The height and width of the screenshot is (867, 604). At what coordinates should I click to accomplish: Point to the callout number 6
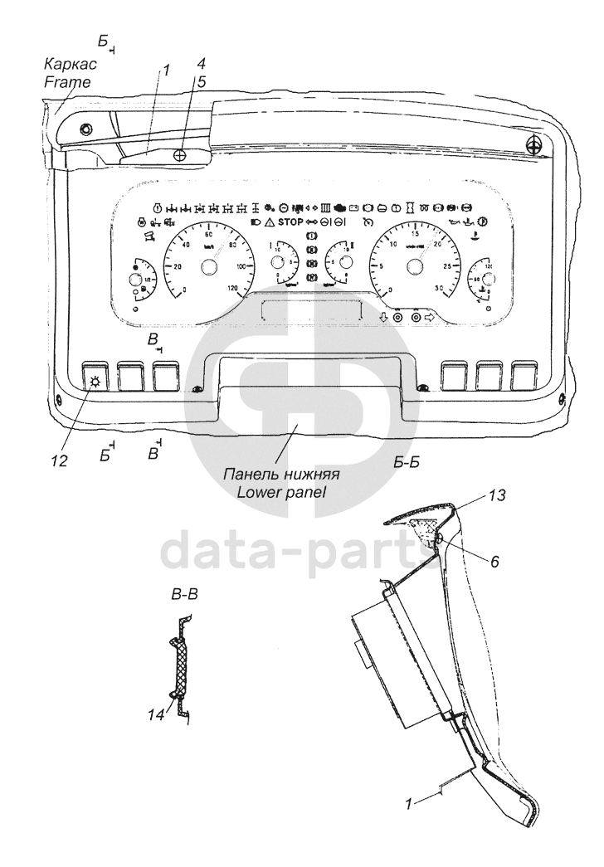494,561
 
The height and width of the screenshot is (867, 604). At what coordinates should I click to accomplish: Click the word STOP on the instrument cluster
290,222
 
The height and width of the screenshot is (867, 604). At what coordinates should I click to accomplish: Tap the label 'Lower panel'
281,491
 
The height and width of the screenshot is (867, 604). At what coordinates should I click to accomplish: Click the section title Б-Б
410,463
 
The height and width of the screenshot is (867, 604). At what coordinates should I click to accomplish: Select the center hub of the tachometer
413,266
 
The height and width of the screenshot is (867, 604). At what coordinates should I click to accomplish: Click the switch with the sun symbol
95,377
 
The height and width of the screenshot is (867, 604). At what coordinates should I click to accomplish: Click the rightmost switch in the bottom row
524,376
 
